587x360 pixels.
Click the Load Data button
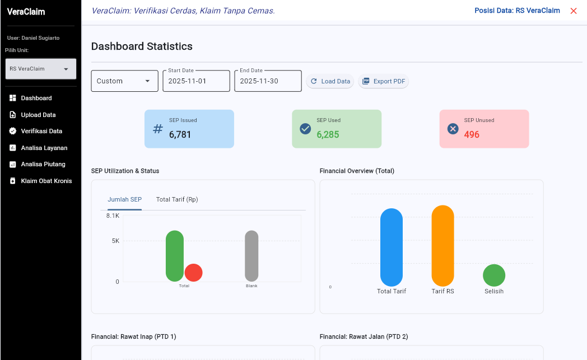330,81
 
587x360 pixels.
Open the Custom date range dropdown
124,81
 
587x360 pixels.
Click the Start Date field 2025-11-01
196,81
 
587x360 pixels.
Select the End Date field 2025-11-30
268,81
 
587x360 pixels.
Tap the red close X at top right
574,11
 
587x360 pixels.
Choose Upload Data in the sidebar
38,115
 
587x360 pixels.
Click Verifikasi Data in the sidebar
41,131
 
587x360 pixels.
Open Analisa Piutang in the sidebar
43,164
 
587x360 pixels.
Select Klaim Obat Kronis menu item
46,181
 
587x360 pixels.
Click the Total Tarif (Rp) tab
177,199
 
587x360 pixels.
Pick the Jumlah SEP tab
124,199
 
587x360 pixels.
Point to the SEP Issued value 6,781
180,134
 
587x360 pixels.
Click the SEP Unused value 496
472,134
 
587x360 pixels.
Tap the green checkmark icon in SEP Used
305,129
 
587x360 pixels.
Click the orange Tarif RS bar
442,246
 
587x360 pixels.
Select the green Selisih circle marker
494,275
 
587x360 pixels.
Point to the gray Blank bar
251,256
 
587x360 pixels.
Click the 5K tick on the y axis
115,241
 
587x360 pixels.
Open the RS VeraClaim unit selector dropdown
40,69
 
